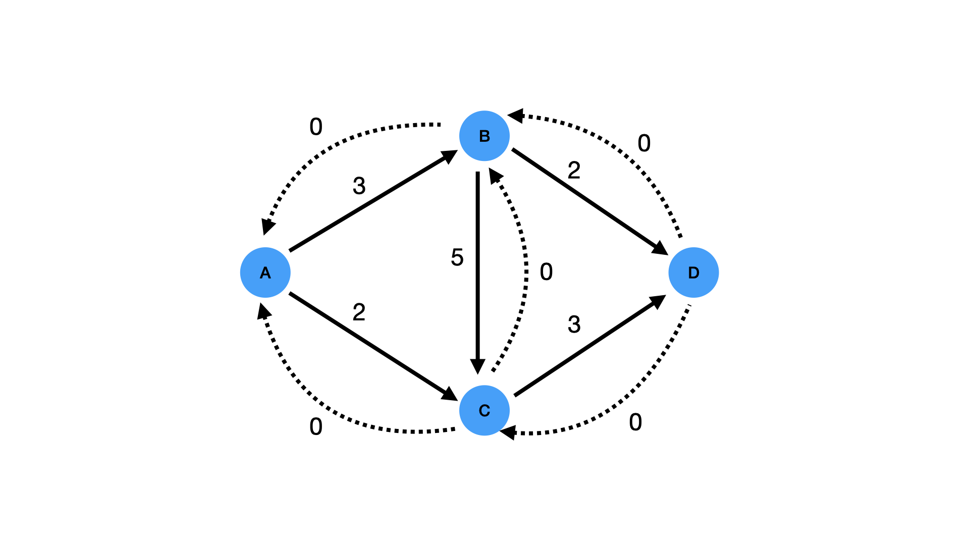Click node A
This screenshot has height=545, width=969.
pyautogui.click(x=265, y=272)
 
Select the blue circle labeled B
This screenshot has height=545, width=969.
pyautogui.click(x=484, y=136)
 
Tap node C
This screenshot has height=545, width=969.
pyautogui.click(x=484, y=410)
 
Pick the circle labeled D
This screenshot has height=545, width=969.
pyautogui.click(x=693, y=272)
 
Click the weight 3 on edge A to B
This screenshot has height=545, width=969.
pyautogui.click(x=359, y=186)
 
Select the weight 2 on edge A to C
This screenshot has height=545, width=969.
pyautogui.click(x=359, y=312)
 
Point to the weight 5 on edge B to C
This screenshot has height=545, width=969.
pyautogui.click(x=457, y=257)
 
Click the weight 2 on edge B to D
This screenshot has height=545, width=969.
pyautogui.click(x=574, y=171)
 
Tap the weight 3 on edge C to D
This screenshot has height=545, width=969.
pyautogui.click(x=574, y=324)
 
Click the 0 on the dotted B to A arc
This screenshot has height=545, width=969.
pyautogui.click(x=316, y=127)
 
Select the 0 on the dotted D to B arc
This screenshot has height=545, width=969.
pyautogui.click(x=644, y=143)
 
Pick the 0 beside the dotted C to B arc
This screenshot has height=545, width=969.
pyautogui.click(x=546, y=272)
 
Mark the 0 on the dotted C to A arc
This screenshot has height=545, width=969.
pyautogui.click(x=316, y=427)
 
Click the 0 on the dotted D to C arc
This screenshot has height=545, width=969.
pyautogui.click(x=635, y=422)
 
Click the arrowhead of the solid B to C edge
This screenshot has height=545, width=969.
pyautogui.click(x=477, y=366)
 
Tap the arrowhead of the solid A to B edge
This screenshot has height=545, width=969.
pyautogui.click(x=449, y=155)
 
